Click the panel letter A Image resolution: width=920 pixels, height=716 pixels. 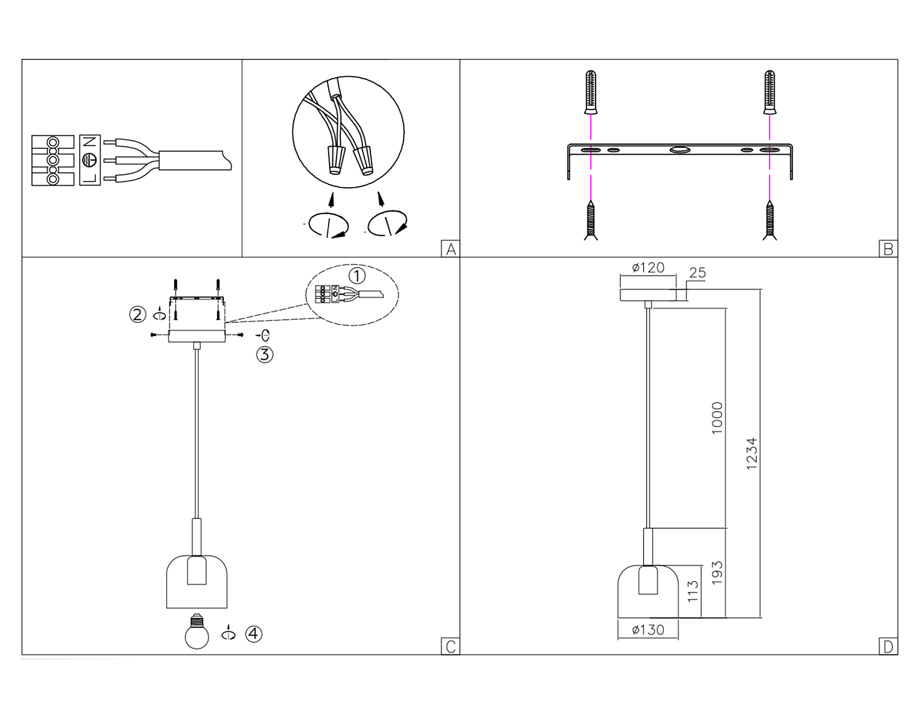coord(451,249)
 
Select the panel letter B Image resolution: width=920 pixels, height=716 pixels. coord(888,249)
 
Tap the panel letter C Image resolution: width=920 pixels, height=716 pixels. coord(451,647)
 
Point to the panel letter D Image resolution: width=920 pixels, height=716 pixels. coord(888,647)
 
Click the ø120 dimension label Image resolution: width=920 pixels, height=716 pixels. coord(648,268)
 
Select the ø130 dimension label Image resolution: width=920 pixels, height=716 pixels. coord(648,630)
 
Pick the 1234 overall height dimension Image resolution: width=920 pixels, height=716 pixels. coord(752,453)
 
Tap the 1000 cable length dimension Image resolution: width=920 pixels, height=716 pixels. coord(718,418)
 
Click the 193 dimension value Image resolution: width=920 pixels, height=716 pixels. coord(718,572)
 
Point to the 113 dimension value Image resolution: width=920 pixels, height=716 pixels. coord(693,591)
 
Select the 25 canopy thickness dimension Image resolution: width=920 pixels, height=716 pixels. coord(697,273)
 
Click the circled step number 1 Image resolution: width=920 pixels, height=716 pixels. coord(357,275)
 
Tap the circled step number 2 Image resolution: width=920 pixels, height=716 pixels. coord(137,315)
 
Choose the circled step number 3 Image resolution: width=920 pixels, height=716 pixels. coord(264,355)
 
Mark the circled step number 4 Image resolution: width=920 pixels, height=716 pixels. coord(254,634)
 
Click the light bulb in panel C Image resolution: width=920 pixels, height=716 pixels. coord(197,632)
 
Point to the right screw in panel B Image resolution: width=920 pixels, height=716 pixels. coord(770,221)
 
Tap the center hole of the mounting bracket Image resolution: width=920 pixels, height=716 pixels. coord(680,150)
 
